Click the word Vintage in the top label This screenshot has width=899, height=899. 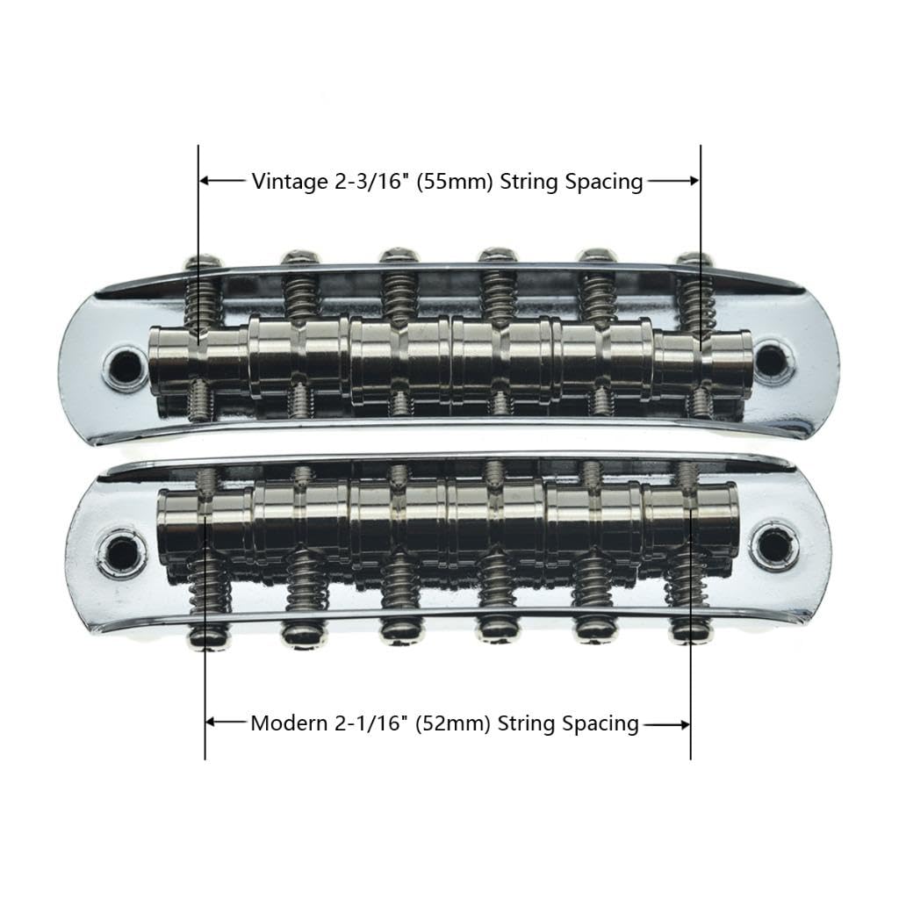pos(284,182)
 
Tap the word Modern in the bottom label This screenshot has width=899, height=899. pos(284,724)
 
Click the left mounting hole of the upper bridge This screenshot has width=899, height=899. pos(126,363)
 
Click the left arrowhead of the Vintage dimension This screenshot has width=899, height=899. pos(205,181)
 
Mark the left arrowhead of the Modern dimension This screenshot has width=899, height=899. pos(211,723)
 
